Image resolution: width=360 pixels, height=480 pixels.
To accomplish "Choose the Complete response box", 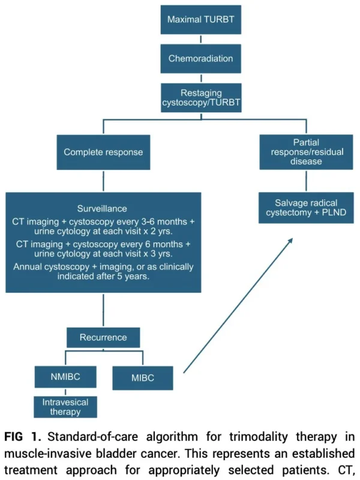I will [103, 152].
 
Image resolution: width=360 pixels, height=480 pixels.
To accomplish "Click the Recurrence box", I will [103, 337].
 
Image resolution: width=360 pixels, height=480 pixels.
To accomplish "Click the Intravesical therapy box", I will [65, 407].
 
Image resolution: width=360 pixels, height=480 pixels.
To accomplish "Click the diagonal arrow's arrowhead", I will [290, 239].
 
